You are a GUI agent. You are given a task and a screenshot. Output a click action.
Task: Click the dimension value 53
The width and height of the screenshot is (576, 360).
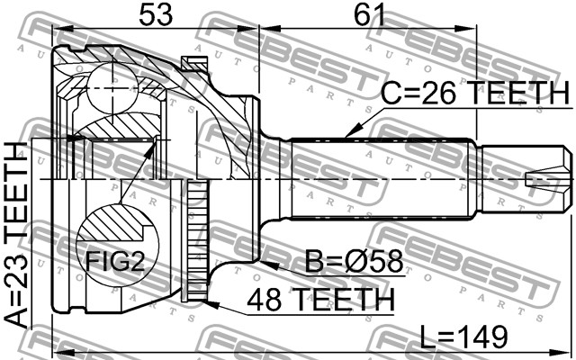tap(156, 14)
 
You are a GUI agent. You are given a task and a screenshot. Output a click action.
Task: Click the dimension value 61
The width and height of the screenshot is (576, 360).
tap(369, 14)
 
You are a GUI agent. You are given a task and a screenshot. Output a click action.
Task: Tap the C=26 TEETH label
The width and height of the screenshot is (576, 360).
tap(474, 92)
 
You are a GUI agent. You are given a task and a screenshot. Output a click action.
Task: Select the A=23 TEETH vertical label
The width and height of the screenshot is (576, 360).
tap(16, 235)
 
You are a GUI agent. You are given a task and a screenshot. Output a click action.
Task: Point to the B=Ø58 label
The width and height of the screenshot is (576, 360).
tap(354, 262)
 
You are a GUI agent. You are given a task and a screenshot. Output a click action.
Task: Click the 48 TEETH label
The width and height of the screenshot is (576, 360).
tap(320, 300)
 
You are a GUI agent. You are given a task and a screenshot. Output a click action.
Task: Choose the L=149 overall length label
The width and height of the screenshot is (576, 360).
tap(463, 337)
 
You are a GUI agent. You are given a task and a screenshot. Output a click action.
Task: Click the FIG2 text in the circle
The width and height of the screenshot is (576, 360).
tap(115, 262)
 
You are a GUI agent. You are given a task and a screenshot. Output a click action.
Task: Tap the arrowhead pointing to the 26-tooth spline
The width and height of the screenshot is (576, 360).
tap(350, 133)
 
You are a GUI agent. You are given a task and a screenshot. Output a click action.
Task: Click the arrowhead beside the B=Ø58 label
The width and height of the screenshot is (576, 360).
tap(269, 265)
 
